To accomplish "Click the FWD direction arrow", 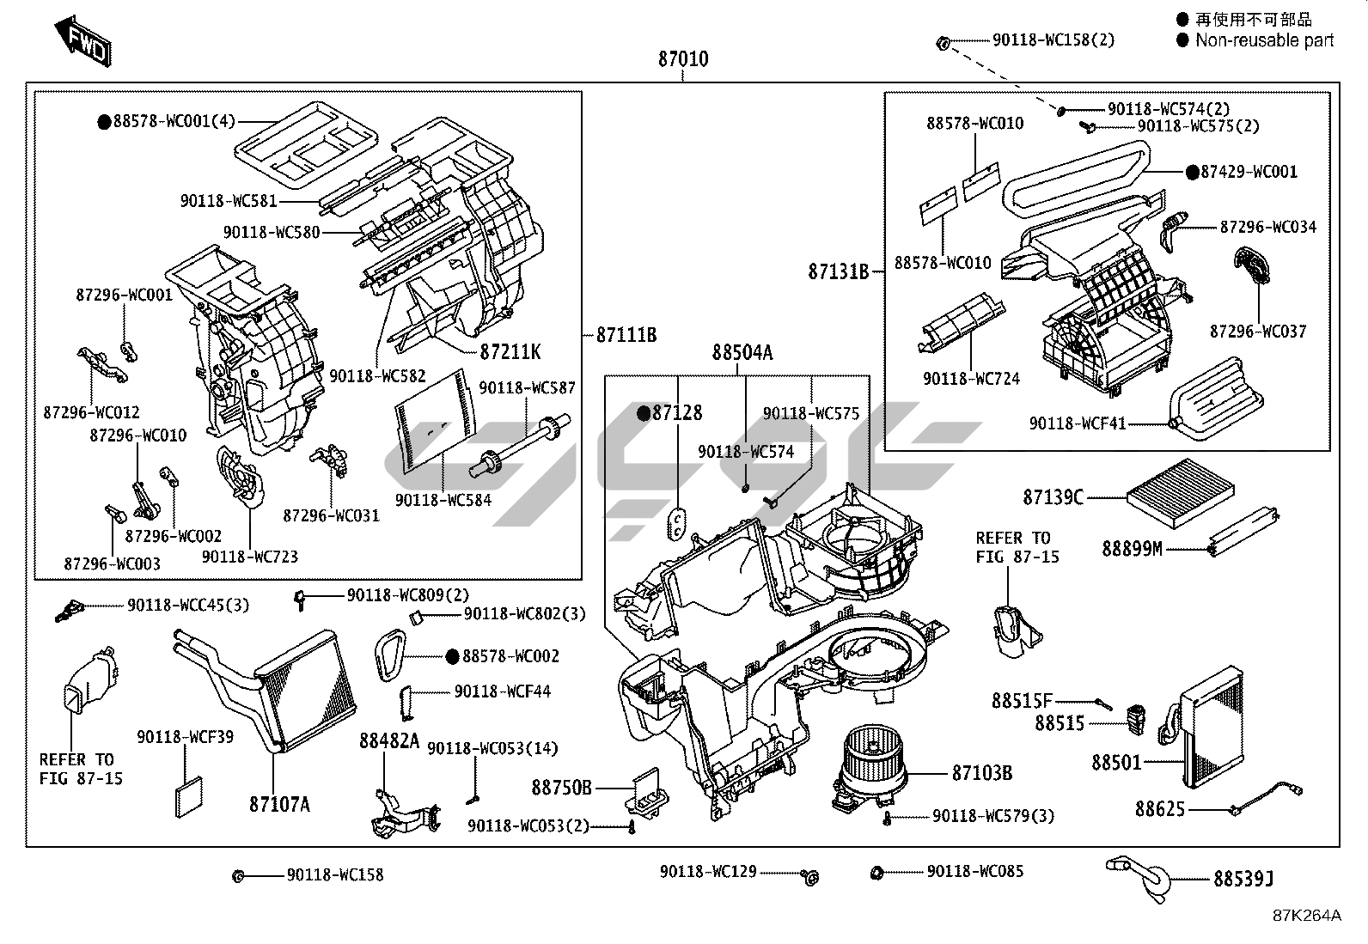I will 82,40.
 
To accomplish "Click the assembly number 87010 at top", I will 683,59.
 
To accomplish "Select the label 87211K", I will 510,352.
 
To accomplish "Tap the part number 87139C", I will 1053,496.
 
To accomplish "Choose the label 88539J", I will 1243,879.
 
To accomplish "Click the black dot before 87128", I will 642,413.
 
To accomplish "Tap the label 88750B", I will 561,787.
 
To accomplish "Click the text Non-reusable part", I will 1264,40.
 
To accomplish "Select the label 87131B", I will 838,272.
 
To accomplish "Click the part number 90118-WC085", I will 974,872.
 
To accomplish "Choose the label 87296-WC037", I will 1258,331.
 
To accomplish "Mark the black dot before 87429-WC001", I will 1191,172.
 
